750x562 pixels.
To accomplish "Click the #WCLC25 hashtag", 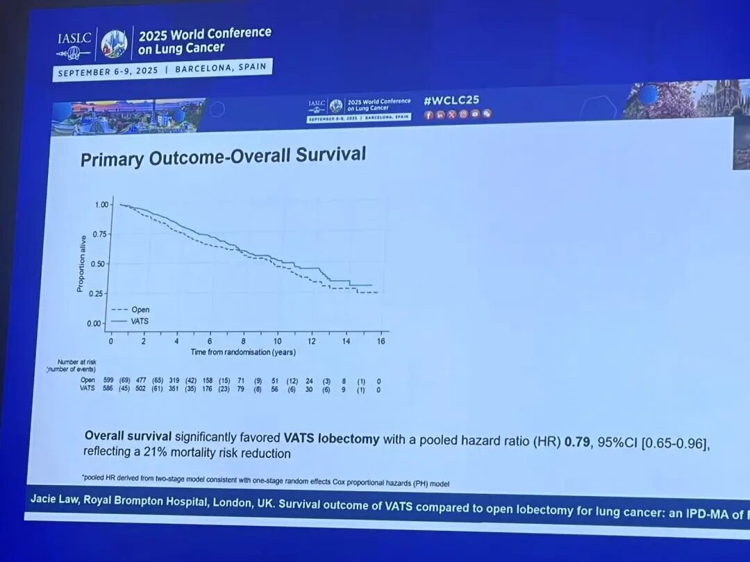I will coord(451,100).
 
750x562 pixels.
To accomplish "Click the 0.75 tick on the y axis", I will coord(101,234).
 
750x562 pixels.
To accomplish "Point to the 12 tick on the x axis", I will coord(312,341).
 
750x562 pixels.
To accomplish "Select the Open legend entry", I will coord(140,309).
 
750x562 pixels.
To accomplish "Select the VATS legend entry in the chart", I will coord(140,321).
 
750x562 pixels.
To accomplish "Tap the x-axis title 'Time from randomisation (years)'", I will coord(243,352).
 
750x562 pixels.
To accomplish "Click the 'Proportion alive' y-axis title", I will coord(81,263).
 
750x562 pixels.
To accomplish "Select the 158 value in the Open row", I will coord(207,380).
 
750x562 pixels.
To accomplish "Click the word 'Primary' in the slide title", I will coord(110,159).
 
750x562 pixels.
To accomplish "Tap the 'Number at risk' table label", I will coord(76,361).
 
